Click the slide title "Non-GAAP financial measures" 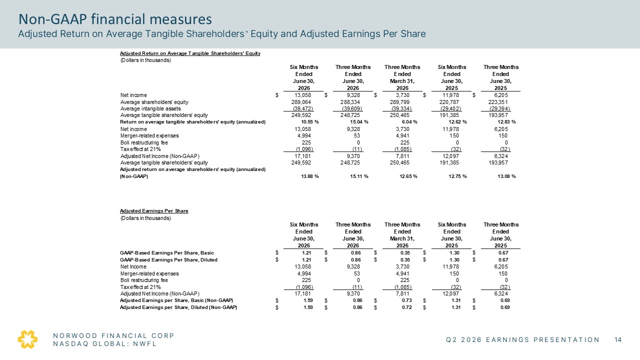115,19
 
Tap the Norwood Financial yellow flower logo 27,339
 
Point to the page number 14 618,339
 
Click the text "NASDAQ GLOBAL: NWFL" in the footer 105,343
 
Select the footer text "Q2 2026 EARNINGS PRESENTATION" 522,339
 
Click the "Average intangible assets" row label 150,109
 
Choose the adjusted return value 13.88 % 309,176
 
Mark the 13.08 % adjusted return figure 506,176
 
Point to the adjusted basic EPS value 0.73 407,300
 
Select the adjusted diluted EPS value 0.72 407,307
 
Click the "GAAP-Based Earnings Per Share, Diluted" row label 168,260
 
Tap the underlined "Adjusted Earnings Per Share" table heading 154,211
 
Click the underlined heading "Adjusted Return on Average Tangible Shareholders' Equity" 190,53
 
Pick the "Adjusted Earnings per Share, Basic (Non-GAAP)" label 176,300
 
